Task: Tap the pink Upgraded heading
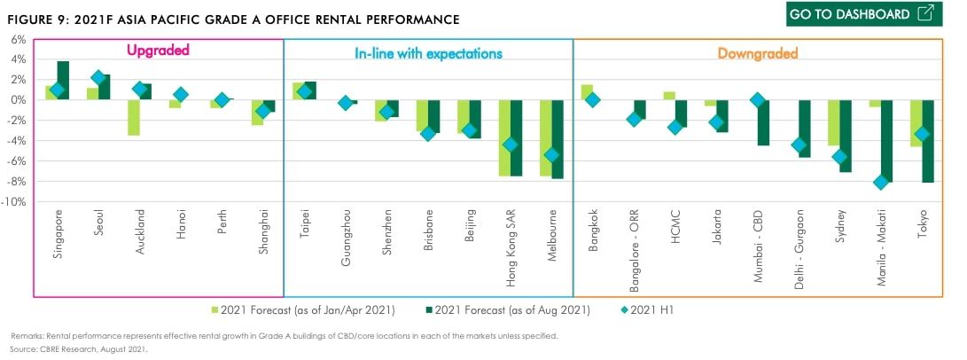(x=158, y=51)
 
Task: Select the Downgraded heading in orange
(x=758, y=53)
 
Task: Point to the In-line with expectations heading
(x=423, y=53)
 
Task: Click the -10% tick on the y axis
(x=15, y=202)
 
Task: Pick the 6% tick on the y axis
(x=19, y=39)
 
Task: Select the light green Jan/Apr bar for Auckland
(x=133, y=117)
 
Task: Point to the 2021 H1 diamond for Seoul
(x=98, y=78)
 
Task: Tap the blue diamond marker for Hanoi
(x=181, y=94)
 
